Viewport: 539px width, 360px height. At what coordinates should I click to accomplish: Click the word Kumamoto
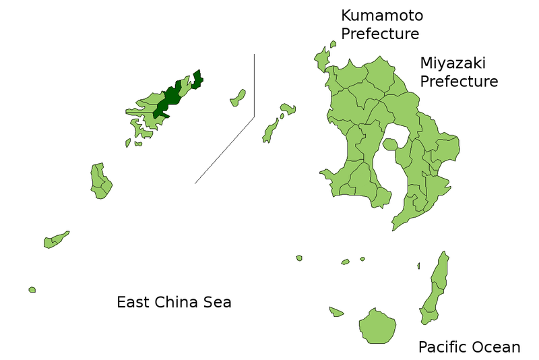pyautogui.click(x=382, y=15)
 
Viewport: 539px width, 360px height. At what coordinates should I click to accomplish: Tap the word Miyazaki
pyautogui.click(x=452, y=63)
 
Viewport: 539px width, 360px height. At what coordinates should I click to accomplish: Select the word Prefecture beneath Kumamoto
pyautogui.click(x=380, y=34)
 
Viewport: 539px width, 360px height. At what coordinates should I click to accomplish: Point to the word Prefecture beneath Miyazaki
pyautogui.click(x=459, y=82)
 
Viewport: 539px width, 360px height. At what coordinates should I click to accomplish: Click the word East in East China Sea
pyautogui.click(x=133, y=302)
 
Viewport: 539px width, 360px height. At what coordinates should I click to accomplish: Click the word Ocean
pyautogui.click(x=497, y=347)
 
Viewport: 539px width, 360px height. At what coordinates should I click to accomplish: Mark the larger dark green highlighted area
pyautogui.click(x=168, y=98)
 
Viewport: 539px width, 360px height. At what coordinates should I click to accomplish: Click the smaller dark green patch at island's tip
pyautogui.click(x=197, y=80)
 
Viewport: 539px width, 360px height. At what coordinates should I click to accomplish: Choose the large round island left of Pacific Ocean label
pyautogui.click(x=376, y=326)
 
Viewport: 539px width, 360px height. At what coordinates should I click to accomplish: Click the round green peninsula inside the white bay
pyautogui.click(x=390, y=144)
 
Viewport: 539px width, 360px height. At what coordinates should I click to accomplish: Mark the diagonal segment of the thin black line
pyautogui.click(x=224, y=150)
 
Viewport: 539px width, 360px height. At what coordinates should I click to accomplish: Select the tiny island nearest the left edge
pyautogui.click(x=32, y=290)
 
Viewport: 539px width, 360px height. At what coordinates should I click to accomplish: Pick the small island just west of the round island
pyautogui.click(x=336, y=311)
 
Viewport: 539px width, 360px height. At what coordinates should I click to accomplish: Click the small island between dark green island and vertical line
pyautogui.click(x=238, y=98)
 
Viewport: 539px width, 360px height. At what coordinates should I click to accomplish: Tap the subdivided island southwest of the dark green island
pyautogui.click(x=100, y=180)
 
